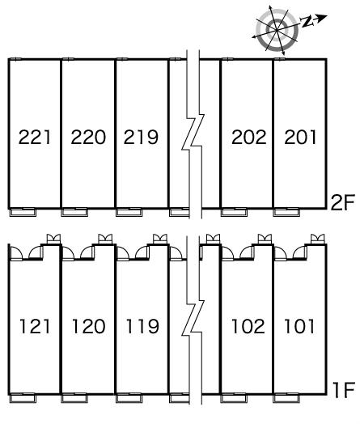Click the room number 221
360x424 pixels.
[35, 137]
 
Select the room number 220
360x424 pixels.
[88, 137]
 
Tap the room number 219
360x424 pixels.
[141, 137]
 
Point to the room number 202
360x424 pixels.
[249, 137]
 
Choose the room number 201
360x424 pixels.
[300, 137]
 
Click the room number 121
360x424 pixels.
[35, 326]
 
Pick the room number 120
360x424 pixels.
[89, 326]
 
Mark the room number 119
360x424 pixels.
[142, 326]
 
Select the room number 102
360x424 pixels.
[248, 326]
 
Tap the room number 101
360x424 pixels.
[299, 326]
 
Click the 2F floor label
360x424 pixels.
[342, 202]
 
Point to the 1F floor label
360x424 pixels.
[344, 390]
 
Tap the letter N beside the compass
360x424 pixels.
[307, 21]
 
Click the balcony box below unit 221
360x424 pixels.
[23, 212]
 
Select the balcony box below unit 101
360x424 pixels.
[286, 398]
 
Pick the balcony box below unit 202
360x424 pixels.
[234, 212]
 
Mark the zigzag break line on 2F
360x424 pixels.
[193, 134]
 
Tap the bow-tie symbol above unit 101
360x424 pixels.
[318, 239]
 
